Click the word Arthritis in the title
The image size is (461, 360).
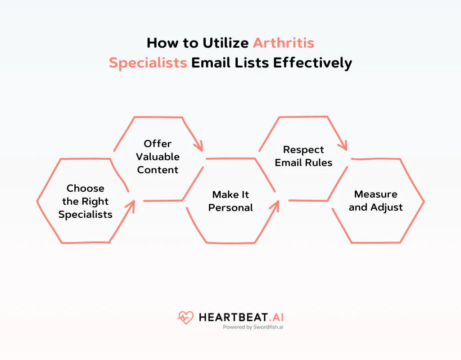pyautogui.click(x=283, y=43)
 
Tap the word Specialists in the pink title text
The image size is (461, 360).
pyautogui.click(x=148, y=63)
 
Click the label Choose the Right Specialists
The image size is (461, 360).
pyautogui.click(x=85, y=201)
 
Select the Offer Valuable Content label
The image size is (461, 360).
pyautogui.click(x=158, y=157)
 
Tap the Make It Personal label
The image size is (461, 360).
pyautogui.click(x=230, y=201)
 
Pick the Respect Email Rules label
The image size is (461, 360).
pyautogui.click(x=303, y=156)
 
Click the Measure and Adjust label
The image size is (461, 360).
pyautogui.click(x=375, y=201)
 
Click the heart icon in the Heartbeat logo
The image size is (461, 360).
pyautogui.click(x=185, y=318)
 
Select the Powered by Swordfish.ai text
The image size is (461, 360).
pyautogui.click(x=253, y=328)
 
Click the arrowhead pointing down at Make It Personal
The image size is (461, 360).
pyautogui.click(x=198, y=146)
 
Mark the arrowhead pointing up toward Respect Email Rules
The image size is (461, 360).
pyautogui.click(x=275, y=205)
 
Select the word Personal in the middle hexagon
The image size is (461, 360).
pyautogui.click(x=230, y=207)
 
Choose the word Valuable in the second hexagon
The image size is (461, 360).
pyautogui.click(x=158, y=157)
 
